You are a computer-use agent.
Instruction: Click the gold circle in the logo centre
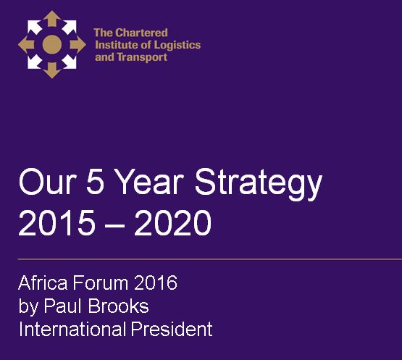click(x=51, y=44)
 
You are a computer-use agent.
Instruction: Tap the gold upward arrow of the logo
click(x=51, y=18)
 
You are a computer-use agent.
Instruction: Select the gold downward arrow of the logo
click(x=51, y=70)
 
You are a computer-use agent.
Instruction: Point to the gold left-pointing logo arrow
click(x=26, y=44)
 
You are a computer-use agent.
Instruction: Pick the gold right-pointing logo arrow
click(x=78, y=44)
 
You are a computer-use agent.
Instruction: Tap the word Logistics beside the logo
click(x=177, y=46)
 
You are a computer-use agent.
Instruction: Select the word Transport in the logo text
click(x=142, y=57)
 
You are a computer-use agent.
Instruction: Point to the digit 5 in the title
click(x=95, y=181)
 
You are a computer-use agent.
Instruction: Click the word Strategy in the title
click(x=259, y=183)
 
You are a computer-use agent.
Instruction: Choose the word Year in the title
click(x=150, y=181)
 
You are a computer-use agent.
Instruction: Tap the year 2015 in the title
click(x=56, y=222)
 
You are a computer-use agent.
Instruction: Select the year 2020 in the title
click(x=173, y=222)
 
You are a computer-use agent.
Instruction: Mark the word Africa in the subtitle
click(x=43, y=282)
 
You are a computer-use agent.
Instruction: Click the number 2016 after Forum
click(x=156, y=282)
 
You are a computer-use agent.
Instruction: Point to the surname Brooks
click(x=119, y=306)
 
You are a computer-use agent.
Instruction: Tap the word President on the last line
click(x=172, y=329)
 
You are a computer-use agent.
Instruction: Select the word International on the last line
click(x=72, y=329)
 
